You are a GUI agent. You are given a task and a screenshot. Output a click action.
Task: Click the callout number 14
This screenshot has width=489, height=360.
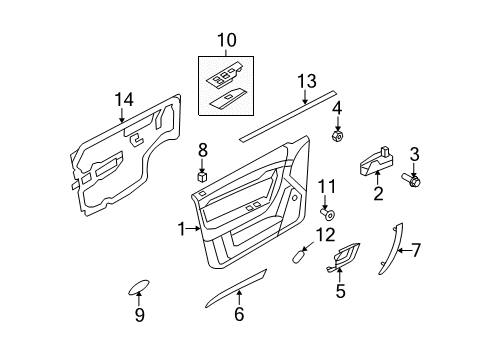124,98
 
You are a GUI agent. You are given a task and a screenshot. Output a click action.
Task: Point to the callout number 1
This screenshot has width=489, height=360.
182,229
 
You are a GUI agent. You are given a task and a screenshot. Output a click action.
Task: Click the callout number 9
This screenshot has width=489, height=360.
140,316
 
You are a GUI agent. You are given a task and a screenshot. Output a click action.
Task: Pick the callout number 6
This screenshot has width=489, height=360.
239,315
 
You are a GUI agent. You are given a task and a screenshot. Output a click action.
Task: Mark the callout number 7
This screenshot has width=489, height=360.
417,250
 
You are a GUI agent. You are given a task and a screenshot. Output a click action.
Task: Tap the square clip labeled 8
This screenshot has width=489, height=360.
202,175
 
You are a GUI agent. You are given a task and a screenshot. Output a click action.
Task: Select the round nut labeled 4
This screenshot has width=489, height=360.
338,133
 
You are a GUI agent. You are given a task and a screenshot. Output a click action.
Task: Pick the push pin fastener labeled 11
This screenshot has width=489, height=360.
326,213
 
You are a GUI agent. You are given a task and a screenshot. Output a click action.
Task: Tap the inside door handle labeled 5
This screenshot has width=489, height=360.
346,260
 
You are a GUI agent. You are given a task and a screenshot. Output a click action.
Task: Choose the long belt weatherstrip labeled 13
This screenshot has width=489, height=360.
285,112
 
